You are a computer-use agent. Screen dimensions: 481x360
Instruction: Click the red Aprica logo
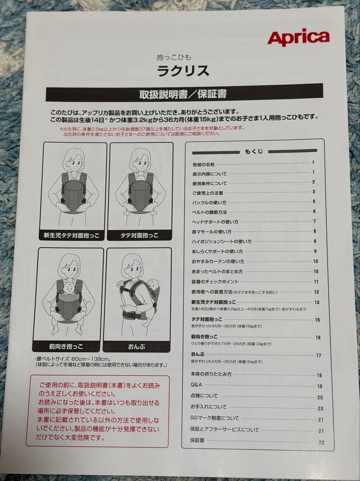[x=298, y=38]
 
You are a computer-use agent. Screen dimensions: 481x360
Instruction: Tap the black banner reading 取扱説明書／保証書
[x=184, y=94]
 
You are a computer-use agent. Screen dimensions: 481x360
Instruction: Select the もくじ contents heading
[x=254, y=151]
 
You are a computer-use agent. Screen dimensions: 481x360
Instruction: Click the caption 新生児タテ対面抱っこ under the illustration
[x=72, y=235]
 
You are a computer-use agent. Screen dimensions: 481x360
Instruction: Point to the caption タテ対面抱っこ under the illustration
[x=139, y=235]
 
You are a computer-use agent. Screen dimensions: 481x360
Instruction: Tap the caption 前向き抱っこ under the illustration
[x=66, y=346]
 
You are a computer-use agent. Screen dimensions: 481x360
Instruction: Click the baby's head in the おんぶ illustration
[x=152, y=283]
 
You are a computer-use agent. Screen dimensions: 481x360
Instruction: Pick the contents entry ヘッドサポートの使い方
[x=215, y=222]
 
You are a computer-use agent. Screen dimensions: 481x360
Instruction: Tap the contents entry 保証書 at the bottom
[x=197, y=440]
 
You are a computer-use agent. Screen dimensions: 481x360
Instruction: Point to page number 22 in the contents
[x=321, y=442]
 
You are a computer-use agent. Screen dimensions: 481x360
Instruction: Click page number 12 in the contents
[x=316, y=292]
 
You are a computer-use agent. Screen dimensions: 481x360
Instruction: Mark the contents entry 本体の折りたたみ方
[x=211, y=374]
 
